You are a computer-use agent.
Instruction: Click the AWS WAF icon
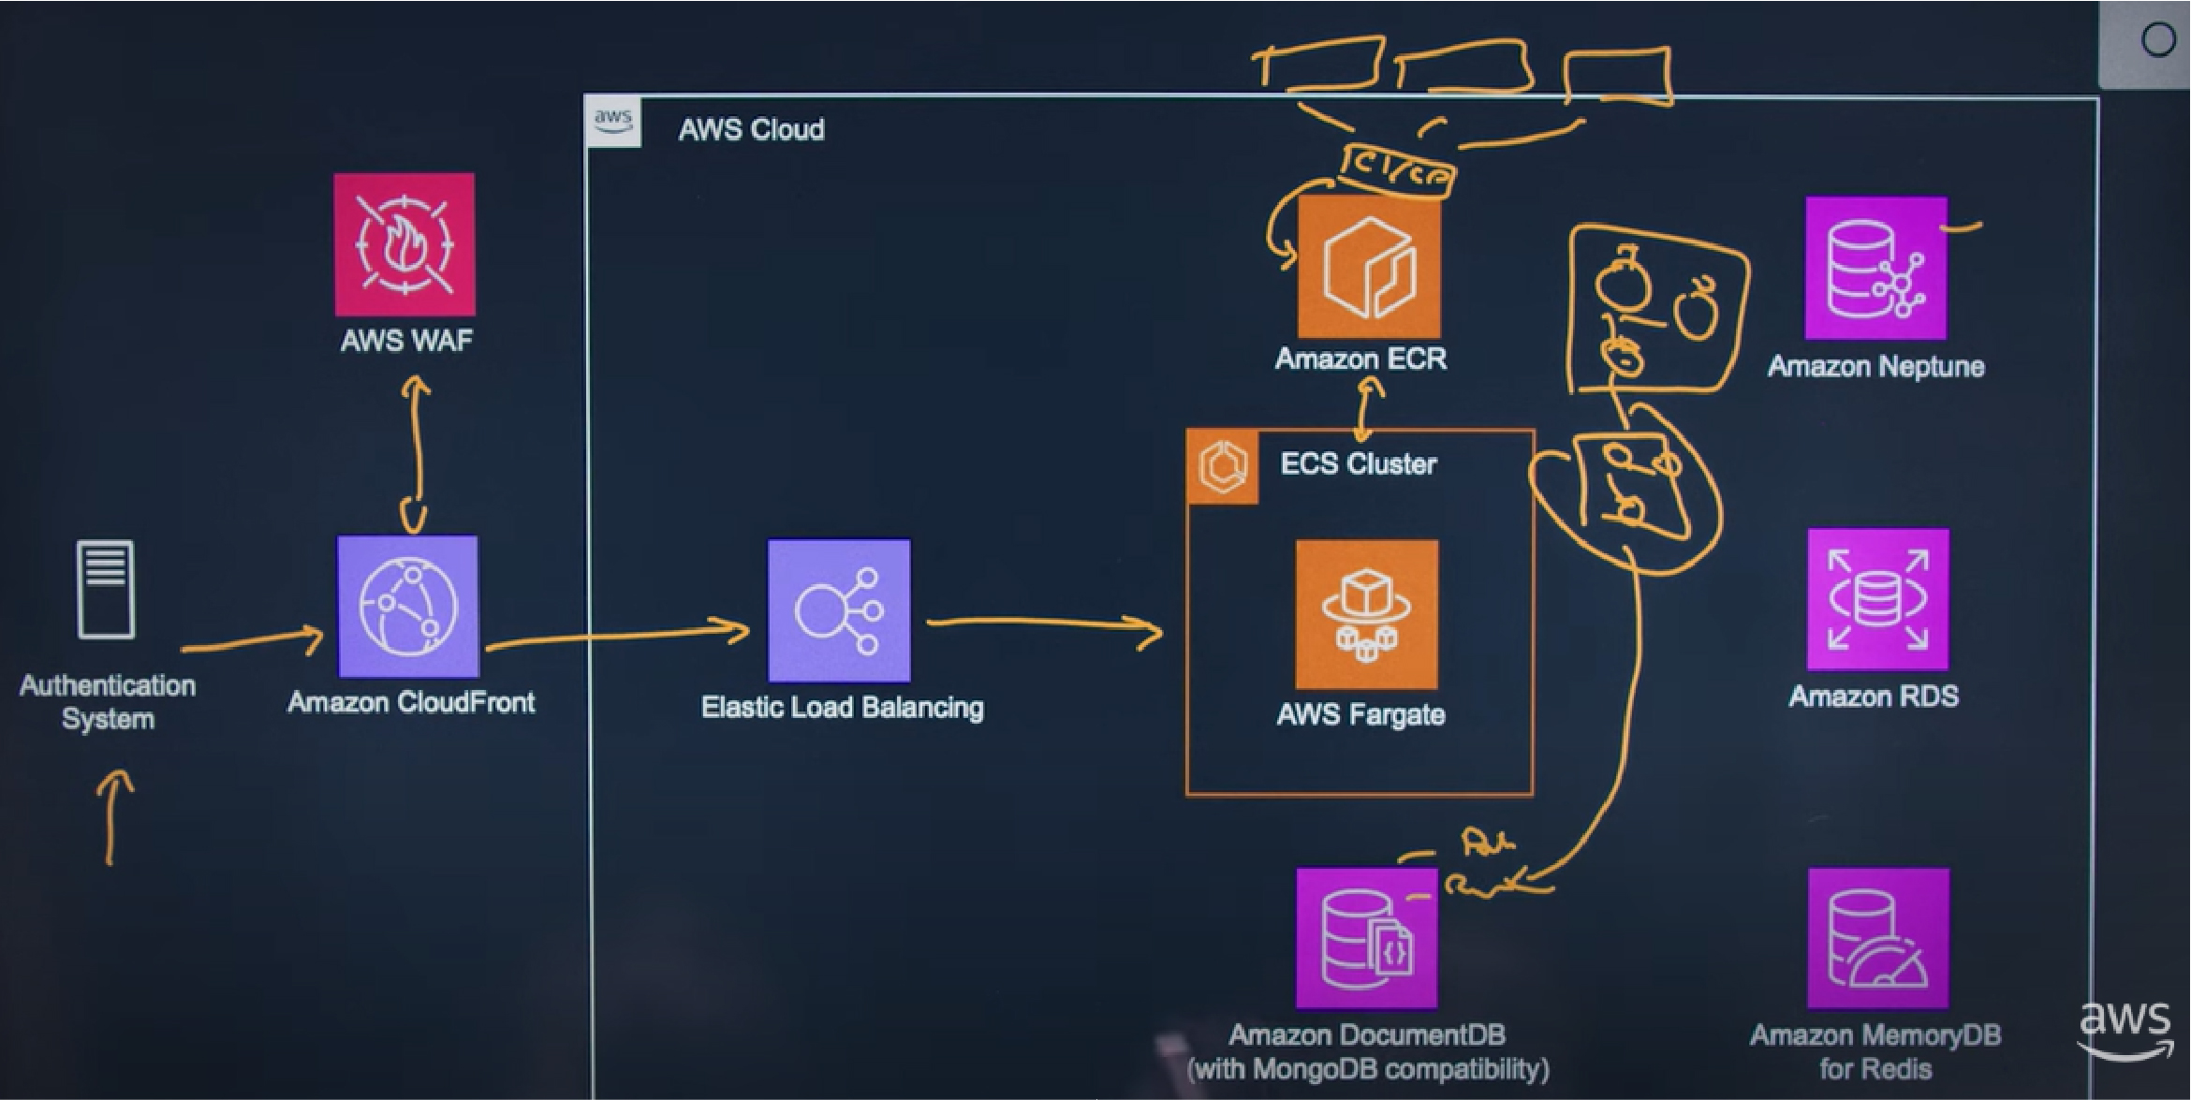(404, 244)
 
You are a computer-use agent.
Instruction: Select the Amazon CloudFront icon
(408, 607)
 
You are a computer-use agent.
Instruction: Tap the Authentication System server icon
(106, 590)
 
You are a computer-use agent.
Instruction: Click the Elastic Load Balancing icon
(839, 610)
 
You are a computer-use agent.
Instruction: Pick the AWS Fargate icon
(1366, 614)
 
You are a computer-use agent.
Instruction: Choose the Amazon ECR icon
(1369, 267)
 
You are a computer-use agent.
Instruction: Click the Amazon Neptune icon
(1875, 268)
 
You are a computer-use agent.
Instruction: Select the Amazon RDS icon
(1877, 599)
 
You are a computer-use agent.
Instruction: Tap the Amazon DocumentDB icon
(1366, 938)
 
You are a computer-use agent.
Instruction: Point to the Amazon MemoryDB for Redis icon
(1877, 938)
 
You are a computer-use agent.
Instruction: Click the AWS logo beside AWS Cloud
(613, 122)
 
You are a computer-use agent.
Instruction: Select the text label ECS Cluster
(1358, 464)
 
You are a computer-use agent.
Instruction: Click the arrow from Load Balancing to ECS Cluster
(1044, 624)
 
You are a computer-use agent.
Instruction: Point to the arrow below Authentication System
(112, 816)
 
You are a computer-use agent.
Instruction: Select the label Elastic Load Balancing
(842, 708)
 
